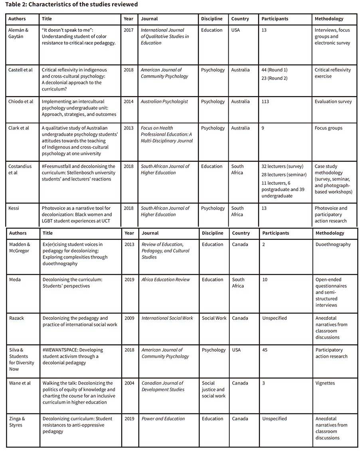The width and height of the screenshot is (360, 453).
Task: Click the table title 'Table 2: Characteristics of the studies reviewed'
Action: point(71,5)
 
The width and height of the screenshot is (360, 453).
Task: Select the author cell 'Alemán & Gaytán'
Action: point(18,33)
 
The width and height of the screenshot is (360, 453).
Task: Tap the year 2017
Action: point(129,30)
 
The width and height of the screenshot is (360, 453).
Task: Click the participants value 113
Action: point(265,102)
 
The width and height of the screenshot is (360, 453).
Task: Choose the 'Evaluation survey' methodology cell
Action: point(333,102)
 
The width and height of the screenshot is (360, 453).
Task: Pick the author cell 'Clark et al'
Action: point(18,128)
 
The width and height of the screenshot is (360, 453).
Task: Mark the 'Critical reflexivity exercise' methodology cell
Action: point(332,73)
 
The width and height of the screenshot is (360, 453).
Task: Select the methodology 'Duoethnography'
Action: point(333,245)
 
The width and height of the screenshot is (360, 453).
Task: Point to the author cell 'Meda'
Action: point(15,280)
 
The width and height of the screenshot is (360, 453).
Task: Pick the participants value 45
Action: point(265,350)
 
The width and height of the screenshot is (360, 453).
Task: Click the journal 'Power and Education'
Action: point(163,419)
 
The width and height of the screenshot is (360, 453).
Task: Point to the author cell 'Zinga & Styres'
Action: point(17,422)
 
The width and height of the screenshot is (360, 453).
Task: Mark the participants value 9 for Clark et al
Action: point(263,128)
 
